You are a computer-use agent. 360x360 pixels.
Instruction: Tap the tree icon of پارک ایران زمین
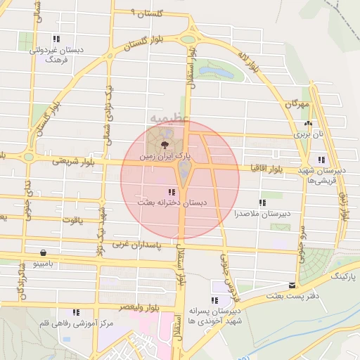point(164,145)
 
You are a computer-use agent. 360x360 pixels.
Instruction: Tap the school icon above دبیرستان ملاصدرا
point(262,202)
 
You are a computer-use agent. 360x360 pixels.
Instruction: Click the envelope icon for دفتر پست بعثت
point(292,285)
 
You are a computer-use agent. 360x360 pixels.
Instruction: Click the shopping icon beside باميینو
point(44,252)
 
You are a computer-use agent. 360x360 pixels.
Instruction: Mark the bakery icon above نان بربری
point(307,122)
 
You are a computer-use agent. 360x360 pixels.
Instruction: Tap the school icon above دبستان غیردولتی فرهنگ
point(56,39)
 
